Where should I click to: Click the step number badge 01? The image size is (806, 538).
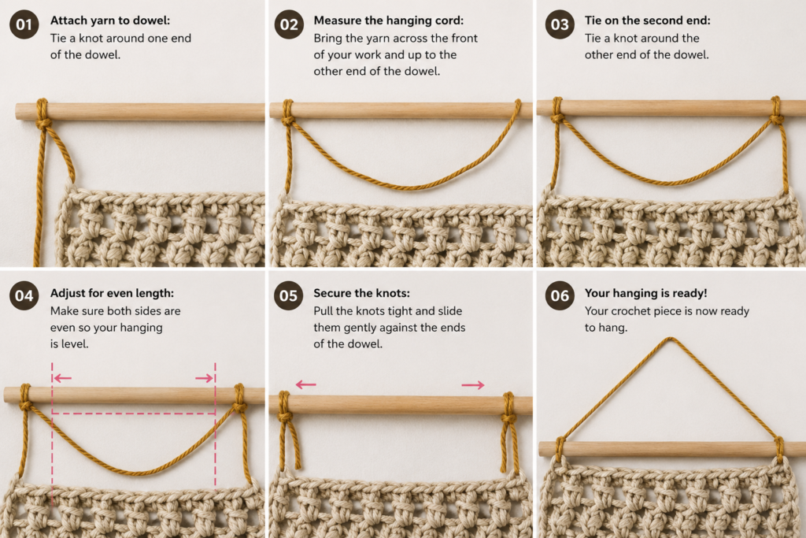[24, 24]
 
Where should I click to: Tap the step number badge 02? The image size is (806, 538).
[289, 24]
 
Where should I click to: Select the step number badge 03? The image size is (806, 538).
[560, 24]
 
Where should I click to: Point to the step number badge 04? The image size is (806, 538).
[24, 295]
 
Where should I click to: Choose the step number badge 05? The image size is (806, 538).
[289, 295]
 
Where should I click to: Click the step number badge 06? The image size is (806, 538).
[560, 295]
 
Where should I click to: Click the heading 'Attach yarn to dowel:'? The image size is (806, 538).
[110, 20]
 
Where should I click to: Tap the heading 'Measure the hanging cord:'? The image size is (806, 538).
[389, 20]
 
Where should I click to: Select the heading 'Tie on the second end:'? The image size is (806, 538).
[647, 20]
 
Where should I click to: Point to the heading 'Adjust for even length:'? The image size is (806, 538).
[112, 293]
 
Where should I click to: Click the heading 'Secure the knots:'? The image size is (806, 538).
[362, 293]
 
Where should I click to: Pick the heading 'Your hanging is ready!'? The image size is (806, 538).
[645, 293]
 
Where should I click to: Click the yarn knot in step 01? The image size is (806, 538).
[43, 122]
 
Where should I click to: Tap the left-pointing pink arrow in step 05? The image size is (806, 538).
[306, 384]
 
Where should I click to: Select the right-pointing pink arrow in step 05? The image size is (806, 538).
[473, 384]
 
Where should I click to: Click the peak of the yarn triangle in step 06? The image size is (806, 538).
[669, 339]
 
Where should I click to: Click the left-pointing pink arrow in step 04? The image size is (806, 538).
[62, 379]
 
